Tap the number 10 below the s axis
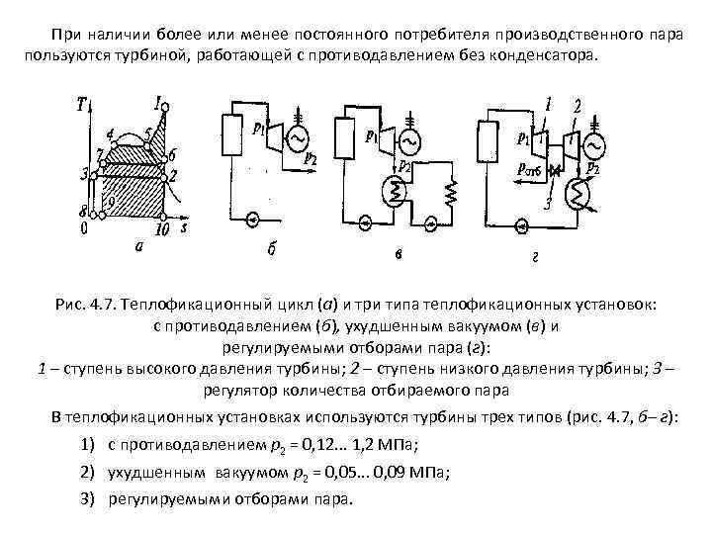coord(163,230)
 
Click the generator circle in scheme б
coord(296,143)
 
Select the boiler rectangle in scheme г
coord(485,139)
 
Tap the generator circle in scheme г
coord(594,145)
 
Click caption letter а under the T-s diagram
coord(139,248)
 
